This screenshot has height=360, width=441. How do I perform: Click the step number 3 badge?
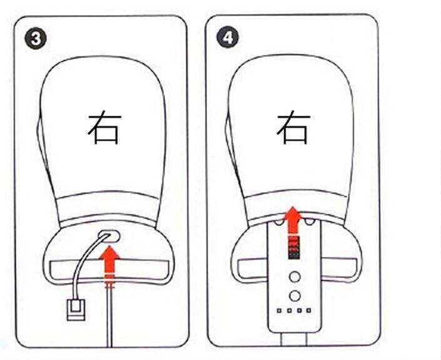point(36,39)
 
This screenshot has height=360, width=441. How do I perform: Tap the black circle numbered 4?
point(227,37)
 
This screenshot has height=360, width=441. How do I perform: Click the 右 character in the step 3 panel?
point(104,130)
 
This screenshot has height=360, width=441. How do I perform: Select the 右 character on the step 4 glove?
point(293,128)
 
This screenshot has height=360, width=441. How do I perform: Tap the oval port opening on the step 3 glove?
point(109,236)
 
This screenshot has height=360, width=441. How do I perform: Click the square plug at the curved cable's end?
point(76,310)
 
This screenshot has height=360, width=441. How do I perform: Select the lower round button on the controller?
point(295,296)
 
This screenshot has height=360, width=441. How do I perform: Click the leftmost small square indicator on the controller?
point(279,311)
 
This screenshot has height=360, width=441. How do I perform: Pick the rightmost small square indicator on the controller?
point(309,311)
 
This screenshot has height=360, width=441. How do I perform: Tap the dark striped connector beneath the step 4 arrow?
point(294,248)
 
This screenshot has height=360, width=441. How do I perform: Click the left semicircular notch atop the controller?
point(278,222)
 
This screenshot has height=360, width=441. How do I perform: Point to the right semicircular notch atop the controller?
point(309,222)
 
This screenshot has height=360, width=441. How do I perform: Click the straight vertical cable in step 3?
point(109,318)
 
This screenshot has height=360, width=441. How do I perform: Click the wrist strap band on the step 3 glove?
point(109,270)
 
